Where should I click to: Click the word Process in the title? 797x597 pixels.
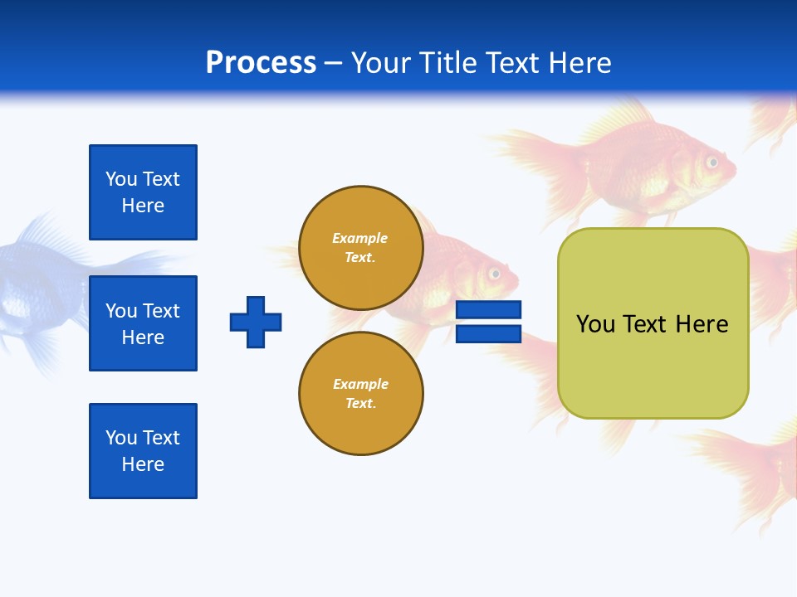click(x=261, y=62)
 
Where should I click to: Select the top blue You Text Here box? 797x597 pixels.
click(x=143, y=192)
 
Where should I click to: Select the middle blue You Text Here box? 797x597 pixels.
click(x=143, y=323)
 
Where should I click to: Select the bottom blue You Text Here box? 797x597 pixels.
click(x=143, y=451)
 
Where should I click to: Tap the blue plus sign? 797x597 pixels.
click(x=256, y=322)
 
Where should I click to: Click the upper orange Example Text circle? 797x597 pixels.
click(x=360, y=248)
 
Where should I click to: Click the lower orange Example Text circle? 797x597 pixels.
click(x=360, y=394)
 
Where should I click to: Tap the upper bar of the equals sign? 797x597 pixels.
click(x=488, y=310)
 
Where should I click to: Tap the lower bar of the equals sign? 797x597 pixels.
click(x=488, y=334)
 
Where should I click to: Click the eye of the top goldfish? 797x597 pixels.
click(x=711, y=162)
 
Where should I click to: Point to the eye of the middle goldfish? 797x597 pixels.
click(x=495, y=273)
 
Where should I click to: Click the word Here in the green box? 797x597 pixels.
click(x=702, y=324)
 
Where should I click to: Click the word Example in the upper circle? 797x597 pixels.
click(x=360, y=238)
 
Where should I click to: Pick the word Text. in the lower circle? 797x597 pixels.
click(x=360, y=404)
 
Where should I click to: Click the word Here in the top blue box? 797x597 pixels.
click(x=143, y=206)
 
